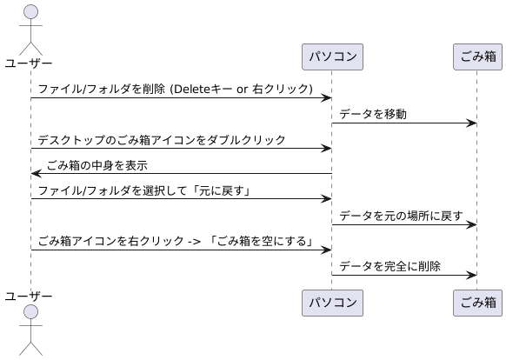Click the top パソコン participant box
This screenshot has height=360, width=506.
click(331, 57)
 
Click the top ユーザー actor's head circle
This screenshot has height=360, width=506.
click(30, 12)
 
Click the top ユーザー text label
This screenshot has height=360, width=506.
click(29, 63)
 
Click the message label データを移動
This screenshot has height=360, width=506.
click(372, 114)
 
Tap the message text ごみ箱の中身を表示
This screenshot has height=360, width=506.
click(97, 165)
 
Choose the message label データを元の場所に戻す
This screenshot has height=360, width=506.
click(401, 216)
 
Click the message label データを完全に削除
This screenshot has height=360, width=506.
click(390, 266)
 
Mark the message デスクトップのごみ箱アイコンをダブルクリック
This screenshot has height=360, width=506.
click(162, 139)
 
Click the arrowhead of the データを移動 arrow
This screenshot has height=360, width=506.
click(472, 123)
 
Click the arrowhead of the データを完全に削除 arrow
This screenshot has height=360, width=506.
click(472, 275)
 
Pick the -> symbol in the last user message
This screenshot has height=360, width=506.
click(191, 241)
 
